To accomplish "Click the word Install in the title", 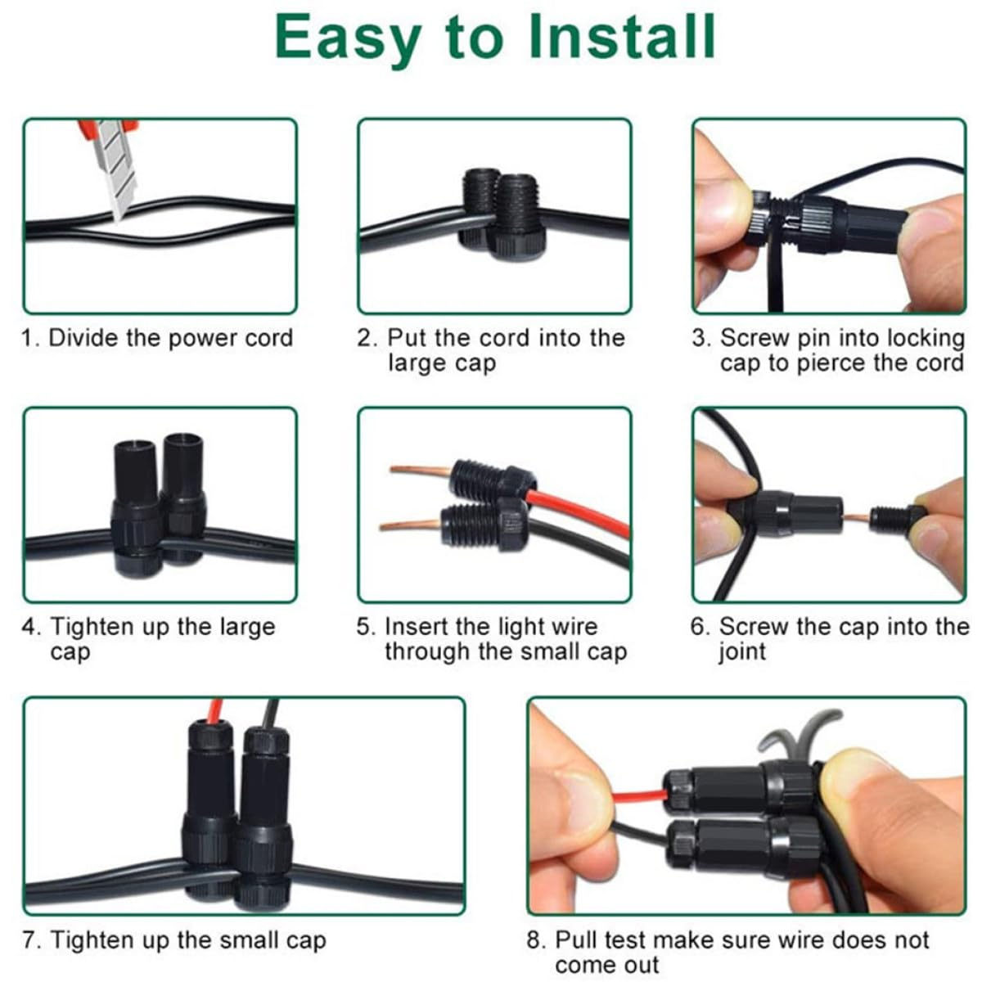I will point(622,37).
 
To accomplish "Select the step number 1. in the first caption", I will point(31,338).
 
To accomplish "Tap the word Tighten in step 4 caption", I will point(93,627).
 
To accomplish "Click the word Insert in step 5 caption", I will point(417,627).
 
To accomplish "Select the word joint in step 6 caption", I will point(742,652).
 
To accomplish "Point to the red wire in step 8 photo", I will point(638,795).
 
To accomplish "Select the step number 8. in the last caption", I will point(537,940).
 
